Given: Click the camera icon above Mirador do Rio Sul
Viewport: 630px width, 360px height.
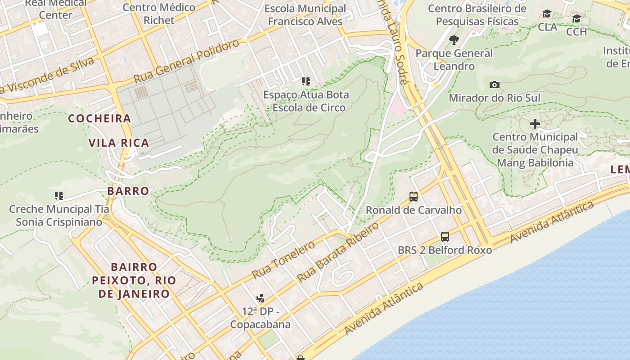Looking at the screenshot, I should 494,85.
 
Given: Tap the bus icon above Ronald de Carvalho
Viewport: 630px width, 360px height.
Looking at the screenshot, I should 413,197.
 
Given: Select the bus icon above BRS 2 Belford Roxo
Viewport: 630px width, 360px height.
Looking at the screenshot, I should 445,236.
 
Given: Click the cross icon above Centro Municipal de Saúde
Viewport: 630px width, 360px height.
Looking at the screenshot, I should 535,123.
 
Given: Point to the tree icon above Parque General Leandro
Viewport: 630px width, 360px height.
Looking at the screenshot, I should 454,40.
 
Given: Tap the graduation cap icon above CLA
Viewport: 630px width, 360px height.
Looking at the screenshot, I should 547,14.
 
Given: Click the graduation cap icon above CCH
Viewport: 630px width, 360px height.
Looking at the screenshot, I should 576,19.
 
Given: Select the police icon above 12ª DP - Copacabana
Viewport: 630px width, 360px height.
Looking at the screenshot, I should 260,298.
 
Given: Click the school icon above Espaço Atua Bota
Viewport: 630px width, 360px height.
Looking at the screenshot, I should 306,81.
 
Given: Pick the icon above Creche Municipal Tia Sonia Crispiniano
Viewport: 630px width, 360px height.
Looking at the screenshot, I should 59,196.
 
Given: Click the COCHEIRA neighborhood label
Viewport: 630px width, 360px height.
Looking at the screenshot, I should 99,119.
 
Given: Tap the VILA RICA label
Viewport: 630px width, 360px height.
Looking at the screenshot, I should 118,143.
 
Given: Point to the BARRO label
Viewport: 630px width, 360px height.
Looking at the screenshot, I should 128,191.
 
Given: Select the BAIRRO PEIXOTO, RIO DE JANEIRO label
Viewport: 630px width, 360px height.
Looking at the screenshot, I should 134,280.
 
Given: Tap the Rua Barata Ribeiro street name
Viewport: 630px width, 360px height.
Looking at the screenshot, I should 338,253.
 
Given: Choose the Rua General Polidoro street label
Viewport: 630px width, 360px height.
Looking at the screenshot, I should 187,61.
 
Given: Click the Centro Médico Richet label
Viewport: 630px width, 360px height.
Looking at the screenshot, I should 159,14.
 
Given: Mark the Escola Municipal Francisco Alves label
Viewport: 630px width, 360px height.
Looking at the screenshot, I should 305,15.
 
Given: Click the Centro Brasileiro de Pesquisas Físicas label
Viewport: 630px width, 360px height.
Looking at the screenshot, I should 477,15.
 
